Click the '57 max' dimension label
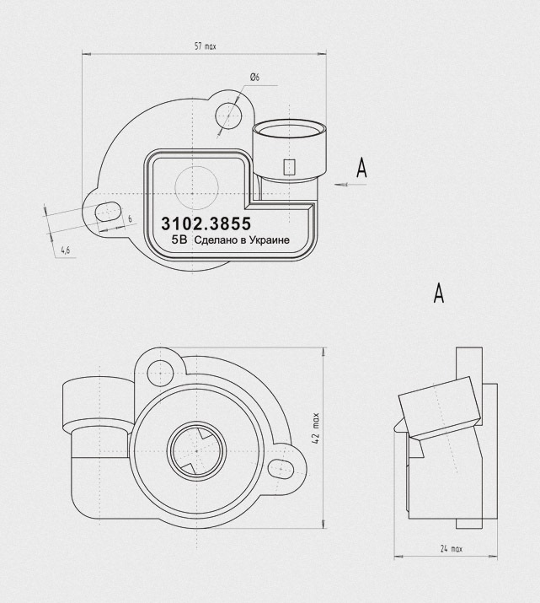click(206, 46)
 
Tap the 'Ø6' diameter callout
click(254, 78)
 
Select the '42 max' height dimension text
click(316, 428)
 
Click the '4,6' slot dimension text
click(66, 250)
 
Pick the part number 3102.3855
click(206, 223)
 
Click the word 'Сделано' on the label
click(213, 240)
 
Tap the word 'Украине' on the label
click(270, 240)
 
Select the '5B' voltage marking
click(179, 240)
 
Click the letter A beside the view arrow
click(361, 168)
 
